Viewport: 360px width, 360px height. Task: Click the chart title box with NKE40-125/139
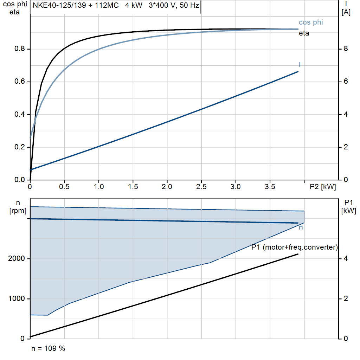(x=115, y=6)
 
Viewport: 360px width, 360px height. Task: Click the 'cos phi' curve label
(x=311, y=22)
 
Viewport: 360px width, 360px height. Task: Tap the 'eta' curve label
(x=304, y=34)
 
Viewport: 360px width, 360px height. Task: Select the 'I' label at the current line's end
(x=300, y=65)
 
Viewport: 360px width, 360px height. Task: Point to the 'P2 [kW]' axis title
(x=323, y=187)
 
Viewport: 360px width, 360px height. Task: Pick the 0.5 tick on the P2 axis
(x=64, y=187)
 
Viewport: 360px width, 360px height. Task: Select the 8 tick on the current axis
(x=346, y=49)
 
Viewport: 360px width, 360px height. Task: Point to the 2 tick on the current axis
(x=346, y=147)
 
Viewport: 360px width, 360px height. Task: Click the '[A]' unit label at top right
(x=347, y=13)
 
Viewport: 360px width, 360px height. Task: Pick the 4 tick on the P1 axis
(x=346, y=259)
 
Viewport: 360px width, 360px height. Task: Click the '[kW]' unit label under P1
(x=348, y=211)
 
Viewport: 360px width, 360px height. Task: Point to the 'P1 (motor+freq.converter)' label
(x=295, y=247)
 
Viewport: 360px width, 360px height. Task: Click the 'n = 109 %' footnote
(x=48, y=348)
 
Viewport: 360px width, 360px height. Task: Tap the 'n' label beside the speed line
(x=301, y=228)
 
